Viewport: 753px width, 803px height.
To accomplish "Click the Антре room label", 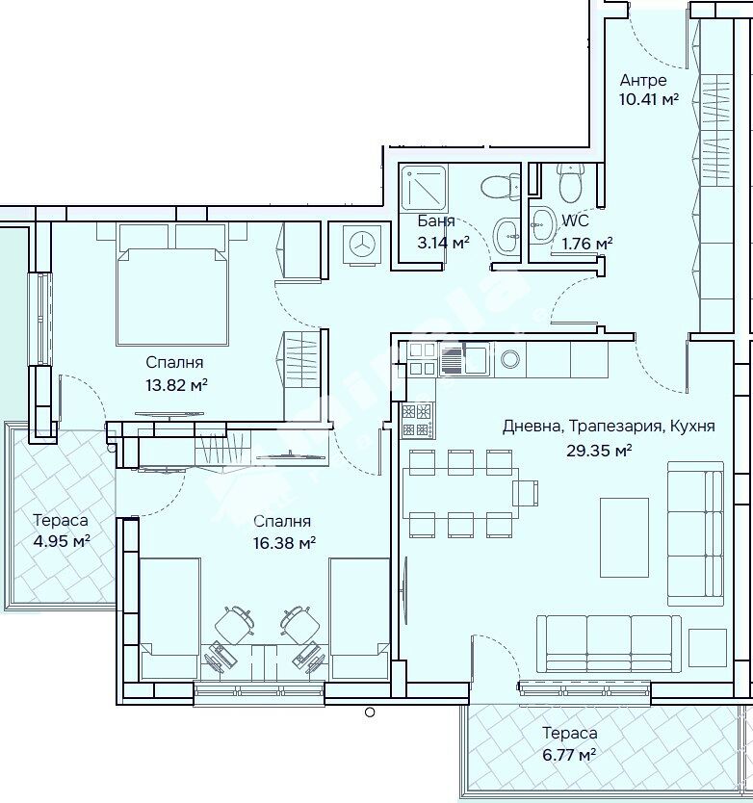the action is coord(643,81).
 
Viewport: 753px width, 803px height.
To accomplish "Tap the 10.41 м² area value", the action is coord(649,99).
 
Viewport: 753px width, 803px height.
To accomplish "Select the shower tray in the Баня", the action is coord(423,187).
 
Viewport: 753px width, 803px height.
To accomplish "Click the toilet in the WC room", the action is coord(571,182).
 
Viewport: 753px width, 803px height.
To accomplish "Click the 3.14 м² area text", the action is coord(443,243).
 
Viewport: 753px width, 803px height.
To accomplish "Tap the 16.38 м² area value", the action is coord(284,543).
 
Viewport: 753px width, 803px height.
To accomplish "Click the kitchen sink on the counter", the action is coord(465,358).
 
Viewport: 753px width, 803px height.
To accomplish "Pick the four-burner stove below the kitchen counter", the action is coord(416,421).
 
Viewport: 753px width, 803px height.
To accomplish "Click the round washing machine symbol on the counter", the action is coord(510,359).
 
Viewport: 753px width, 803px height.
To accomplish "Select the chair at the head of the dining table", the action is coord(526,493).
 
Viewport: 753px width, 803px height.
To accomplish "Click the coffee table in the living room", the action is coord(624,537).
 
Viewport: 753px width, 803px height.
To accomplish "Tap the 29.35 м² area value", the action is coord(599,451).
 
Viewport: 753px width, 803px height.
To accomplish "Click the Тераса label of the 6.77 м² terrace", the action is coord(570,734).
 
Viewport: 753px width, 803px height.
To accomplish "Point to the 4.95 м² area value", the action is coord(62,541).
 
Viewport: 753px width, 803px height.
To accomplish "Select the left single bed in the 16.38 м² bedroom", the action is coord(169,619).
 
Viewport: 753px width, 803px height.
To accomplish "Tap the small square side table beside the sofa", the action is coord(708,648).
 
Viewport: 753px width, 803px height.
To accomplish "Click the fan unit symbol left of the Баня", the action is coord(361,244).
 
